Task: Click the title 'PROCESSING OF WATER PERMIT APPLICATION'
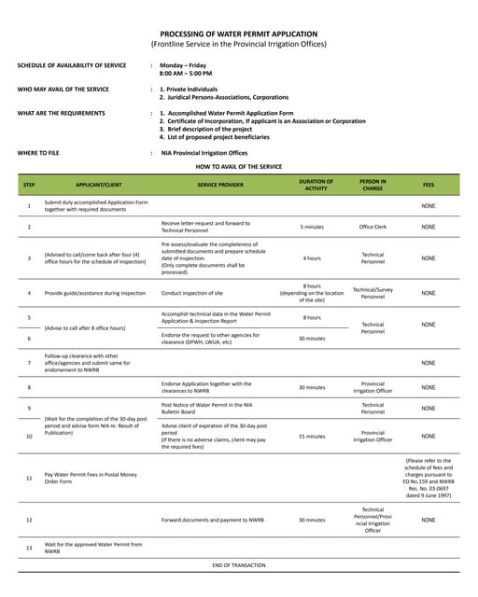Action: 238,33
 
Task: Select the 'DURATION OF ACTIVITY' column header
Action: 316,185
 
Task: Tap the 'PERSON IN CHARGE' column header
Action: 373,185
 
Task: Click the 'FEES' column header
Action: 429,185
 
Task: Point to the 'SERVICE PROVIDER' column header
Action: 219,185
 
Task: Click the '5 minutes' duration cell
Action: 312,227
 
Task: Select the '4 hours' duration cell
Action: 312,257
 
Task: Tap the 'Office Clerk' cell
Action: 373,227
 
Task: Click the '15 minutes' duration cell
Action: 312,436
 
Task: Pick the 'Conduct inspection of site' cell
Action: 192,293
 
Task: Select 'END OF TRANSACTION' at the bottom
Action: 238,565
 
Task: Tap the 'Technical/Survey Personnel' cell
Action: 373,293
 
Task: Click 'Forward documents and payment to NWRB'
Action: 217,520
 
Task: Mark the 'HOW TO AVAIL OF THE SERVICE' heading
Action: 238,166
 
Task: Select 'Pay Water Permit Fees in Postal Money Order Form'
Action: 91,478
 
